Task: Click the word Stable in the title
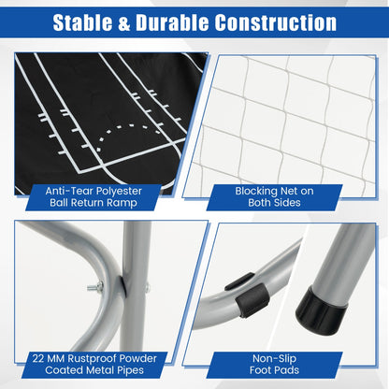click(x=82, y=22)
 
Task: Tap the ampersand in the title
click(x=124, y=23)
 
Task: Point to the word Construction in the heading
click(x=276, y=22)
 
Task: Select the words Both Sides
click(x=274, y=203)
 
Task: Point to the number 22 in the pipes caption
click(x=38, y=358)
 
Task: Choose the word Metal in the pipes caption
click(x=100, y=370)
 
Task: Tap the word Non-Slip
click(x=274, y=359)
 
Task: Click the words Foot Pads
click(x=274, y=370)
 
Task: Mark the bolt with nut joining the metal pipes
click(x=95, y=286)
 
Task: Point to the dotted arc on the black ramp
click(x=128, y=133)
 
